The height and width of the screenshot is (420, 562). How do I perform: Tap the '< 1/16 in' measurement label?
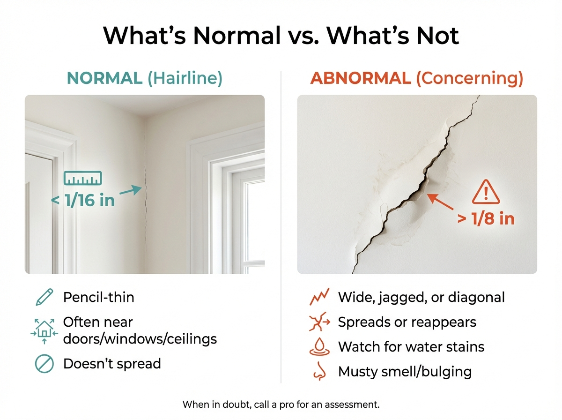pos(83,200)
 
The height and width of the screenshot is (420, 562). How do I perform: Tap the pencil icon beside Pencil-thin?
pos(44,297)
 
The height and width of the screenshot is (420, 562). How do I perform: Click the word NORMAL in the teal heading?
pos(104,78)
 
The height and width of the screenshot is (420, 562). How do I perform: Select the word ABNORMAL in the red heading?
pos(361,78)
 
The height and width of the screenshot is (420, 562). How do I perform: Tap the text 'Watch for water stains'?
pos(411,347)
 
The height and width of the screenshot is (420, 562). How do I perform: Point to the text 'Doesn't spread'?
pos(112,363)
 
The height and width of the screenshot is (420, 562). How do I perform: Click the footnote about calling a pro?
pos(281,404)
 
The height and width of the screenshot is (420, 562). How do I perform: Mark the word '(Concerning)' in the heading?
pos(470,78)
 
